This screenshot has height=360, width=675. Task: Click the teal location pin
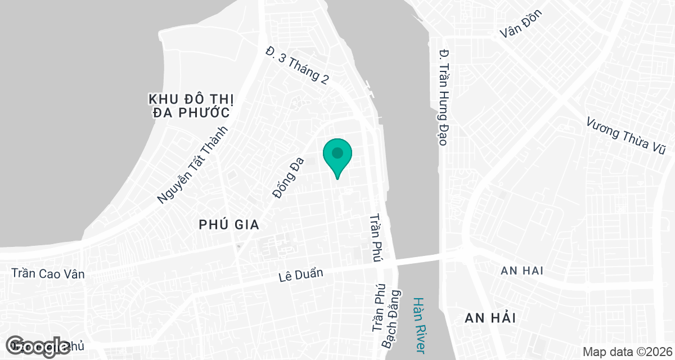click(337, 156)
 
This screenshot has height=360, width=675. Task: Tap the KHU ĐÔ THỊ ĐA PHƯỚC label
click(191, 106)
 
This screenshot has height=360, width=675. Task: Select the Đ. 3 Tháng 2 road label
click(298, 65)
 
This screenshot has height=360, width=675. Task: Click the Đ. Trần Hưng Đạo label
click(444, 97)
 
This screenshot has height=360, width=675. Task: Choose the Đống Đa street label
click(287, 178)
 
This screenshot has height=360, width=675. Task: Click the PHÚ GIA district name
click(229, 225)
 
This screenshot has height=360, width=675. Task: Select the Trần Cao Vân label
click(48, 274)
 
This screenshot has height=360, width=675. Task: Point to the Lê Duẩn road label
click(301, 275)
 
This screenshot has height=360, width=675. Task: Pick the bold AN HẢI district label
click(490, 318)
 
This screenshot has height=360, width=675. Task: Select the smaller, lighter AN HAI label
click(522, 271)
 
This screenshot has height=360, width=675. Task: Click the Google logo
click(38, 346)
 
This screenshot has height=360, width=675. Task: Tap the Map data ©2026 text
click(627, 352)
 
